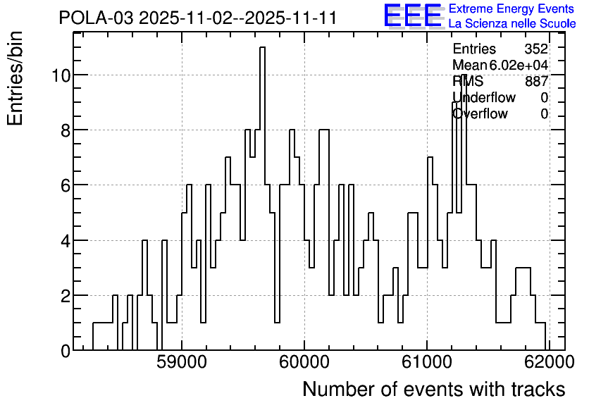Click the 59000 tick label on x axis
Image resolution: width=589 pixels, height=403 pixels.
point(182,362)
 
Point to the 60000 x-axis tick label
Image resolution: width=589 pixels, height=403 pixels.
point(304,362)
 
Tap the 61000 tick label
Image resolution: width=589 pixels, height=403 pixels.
point(427,362)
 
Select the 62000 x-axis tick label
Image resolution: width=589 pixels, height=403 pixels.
point(549,362)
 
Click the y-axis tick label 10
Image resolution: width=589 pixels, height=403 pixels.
point(61,75)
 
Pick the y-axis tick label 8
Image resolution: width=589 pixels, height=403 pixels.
point(66,130)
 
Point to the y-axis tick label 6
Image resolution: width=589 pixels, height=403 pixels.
point(66,185)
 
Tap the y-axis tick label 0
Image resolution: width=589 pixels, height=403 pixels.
point(66,351)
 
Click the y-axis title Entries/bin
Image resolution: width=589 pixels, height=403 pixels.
point(15,79)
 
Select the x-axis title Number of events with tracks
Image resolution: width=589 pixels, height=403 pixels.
point(434,389)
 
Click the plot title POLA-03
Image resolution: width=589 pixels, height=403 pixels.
point(96,18)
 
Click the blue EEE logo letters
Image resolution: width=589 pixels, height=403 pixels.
point(412,15)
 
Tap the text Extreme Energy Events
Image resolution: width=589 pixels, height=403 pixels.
point(512,8)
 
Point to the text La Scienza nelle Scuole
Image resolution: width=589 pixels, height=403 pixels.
point(512,23)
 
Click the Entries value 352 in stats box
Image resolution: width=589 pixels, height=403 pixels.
point(536,49)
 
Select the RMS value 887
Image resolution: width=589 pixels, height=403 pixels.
point(536,81)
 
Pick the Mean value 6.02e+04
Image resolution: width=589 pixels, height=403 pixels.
point(519,65)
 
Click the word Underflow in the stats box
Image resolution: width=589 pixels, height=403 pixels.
point(484,97)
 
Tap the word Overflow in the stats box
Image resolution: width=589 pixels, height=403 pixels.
point(480,113)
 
